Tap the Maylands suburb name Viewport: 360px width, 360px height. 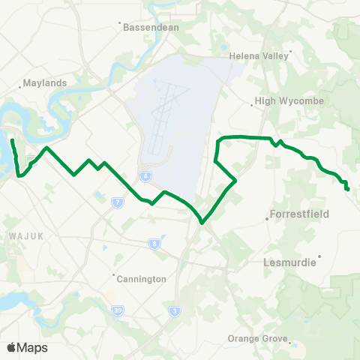(46, 83)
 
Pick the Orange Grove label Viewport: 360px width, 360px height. (258, 338)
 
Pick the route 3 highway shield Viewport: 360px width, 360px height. (174, 311)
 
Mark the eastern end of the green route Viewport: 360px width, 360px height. (348, 189)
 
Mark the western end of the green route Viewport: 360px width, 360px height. (12, 139)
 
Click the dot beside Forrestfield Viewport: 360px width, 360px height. (268, 219)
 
